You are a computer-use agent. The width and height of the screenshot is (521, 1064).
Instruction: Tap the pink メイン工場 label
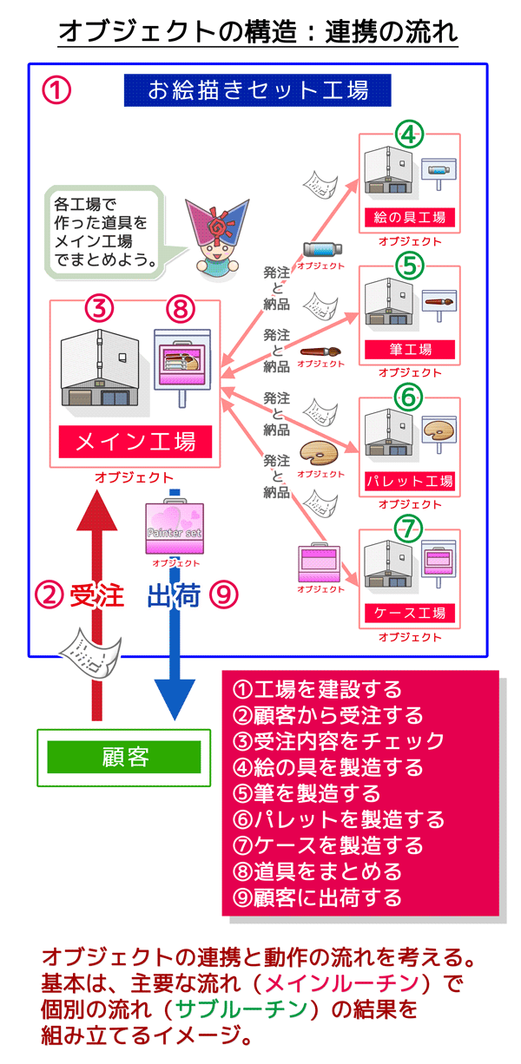(x=135, y=442)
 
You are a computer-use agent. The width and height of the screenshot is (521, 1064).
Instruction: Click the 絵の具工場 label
(x=409, y=217)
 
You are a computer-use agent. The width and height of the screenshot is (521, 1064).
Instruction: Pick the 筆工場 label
(x=409, y=350)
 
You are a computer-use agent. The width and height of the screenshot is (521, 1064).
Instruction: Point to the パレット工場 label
(x=409, y=481)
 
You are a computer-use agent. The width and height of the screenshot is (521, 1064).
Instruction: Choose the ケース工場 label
(x=409, y=613)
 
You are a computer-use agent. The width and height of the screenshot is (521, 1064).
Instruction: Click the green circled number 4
(x=409, y=135)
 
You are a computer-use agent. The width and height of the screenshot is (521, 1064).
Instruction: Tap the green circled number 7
(x=409, y=529)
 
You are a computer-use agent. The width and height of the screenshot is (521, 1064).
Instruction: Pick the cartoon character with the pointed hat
(x=217, y=236)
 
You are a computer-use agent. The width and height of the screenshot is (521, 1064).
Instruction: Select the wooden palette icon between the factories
(x=317, y=454)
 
